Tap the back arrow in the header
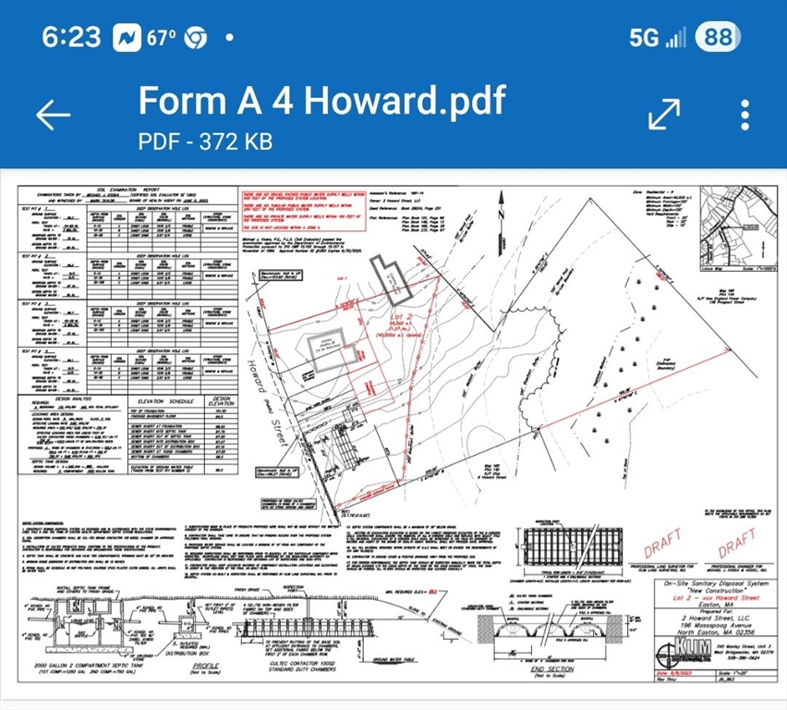tap(53, 115)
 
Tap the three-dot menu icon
tap(745, 115)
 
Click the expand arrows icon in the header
tap(663, 114)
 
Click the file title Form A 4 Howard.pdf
tap(321, 100)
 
